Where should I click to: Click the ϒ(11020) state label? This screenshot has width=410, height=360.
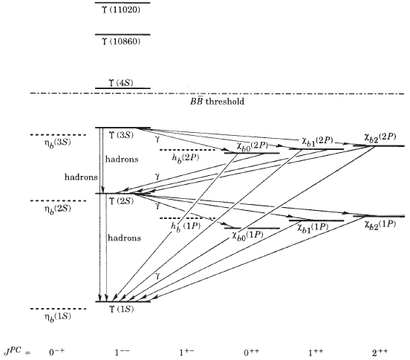coord(121,10)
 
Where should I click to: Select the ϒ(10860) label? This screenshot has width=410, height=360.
coord(121,42)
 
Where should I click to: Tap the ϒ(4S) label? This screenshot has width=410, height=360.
coord(121,83)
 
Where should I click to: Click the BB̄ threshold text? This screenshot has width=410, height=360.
coord(217,101)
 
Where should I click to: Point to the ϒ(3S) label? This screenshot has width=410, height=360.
coord(121,135)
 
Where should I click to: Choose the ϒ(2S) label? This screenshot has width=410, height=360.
coord(121,201)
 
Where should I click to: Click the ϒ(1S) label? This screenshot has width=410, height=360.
coord(121,309)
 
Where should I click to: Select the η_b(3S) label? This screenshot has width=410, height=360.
coord(57,143)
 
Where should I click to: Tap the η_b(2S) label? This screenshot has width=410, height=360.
coord(57,209)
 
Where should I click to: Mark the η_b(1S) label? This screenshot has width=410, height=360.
coord(57,317)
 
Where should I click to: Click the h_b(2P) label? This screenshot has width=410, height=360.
coord(186,158)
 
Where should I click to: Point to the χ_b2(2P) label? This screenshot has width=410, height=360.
coord(380,137)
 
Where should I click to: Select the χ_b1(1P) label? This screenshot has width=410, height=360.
coord(313,227)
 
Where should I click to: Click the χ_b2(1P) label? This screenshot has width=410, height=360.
coord(380,224)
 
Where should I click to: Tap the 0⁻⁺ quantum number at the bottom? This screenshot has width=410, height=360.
coord(56,352)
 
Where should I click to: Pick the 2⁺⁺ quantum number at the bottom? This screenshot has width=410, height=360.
coord(380,353)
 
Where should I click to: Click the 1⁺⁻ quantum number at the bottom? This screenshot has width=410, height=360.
coord(186,353)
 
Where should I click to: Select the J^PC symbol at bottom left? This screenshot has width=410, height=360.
coord(14,351)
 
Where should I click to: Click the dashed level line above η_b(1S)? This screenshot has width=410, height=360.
coord(58,309)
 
